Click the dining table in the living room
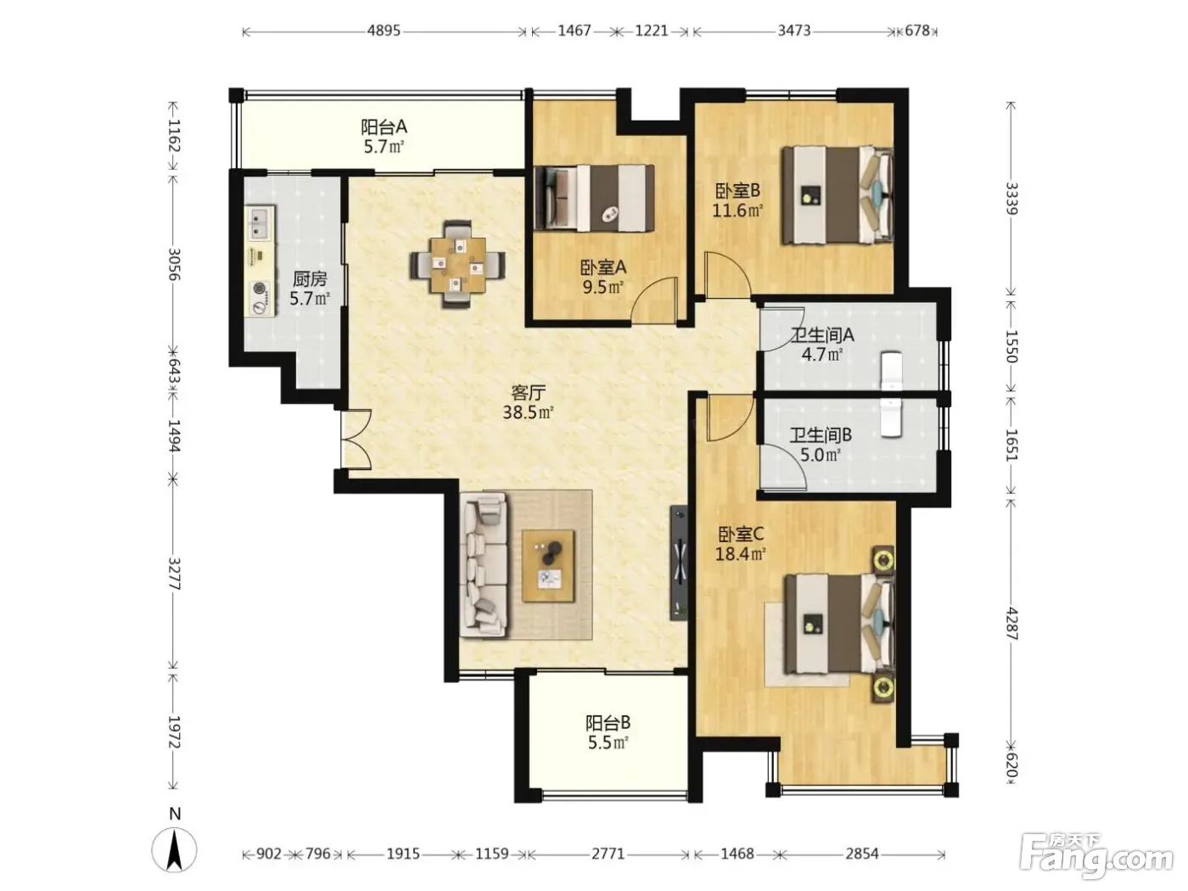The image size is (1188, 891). tap(457, 264)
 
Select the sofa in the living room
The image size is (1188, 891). tap(484, 565)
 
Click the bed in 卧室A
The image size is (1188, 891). tap(594, 198)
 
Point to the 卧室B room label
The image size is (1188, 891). tap(737, 190)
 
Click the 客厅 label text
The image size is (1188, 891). tap(529, 392)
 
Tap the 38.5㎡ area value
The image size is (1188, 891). tap(528, 412)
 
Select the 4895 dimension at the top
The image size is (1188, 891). tap(384, 31)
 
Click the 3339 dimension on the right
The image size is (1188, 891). tap(1011, 199)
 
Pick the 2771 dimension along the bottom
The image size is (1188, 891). tap(608, 853)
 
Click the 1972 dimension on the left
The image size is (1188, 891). tap(174, 732)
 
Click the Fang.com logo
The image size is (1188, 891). tap(1096, 856)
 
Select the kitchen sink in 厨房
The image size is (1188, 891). tap(261, 223)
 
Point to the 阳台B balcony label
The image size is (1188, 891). tap(608, 723)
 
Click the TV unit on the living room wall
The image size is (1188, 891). tap(679, 563)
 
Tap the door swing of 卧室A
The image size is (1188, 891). tap(655, 300)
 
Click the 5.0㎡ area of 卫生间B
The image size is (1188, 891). tap(821, 455)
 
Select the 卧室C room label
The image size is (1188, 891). tap(741, 535)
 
